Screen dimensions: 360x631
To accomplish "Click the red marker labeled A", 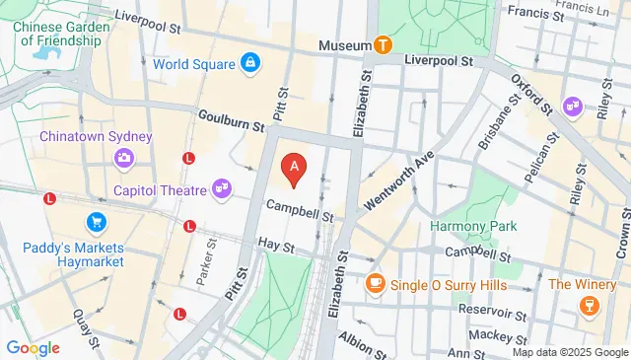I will point(293,169).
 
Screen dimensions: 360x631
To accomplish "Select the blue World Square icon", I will point(251,65).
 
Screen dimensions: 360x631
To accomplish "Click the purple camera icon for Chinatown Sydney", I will point(124,157).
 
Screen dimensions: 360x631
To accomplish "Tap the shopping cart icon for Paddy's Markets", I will point(96,222).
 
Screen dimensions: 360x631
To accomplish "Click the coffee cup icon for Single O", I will point(374,284).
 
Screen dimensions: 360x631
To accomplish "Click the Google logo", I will point(33,347).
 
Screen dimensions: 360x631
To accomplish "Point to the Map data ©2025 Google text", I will point(570,352).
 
